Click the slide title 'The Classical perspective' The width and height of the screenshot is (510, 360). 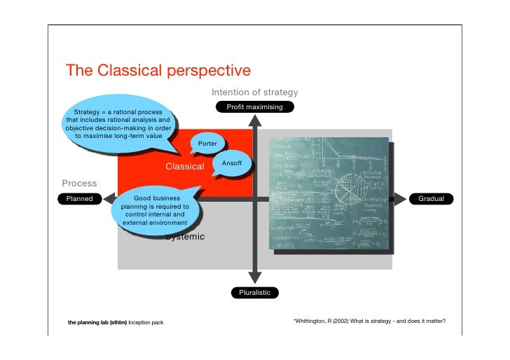point(158,71)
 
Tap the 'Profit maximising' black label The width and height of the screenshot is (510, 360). point(254,107)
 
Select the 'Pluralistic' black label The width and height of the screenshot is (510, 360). point(254,292)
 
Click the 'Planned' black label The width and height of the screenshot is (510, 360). point(79,200)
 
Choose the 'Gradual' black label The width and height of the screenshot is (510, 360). point(431,200)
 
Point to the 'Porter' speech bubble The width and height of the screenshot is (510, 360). point(207,143)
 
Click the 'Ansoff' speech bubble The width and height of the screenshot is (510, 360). point(231,163)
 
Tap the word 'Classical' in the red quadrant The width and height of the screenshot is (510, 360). point(184,167)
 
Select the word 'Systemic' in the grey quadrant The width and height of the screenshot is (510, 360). point(185,237)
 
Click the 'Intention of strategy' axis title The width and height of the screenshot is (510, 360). point(254,92)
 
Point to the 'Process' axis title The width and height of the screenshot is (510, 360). point(79,184)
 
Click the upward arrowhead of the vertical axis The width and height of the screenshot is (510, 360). point(254,120)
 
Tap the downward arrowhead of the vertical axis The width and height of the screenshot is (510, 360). point(254,278)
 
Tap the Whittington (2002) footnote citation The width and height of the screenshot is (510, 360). point(368,322)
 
